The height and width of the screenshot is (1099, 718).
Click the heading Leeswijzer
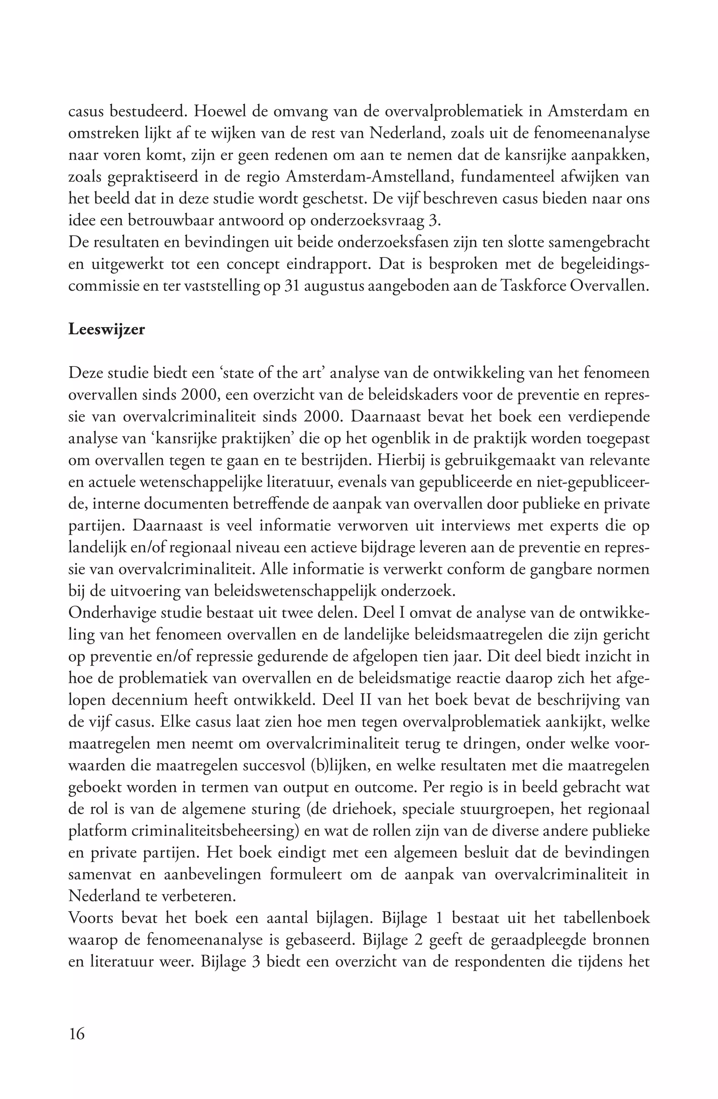click(106, 330)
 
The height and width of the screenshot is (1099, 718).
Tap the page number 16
click(77, 1033)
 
